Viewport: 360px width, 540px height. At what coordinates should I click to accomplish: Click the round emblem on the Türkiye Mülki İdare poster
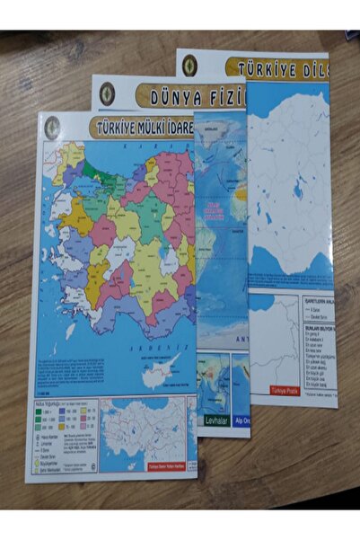pos(53,128)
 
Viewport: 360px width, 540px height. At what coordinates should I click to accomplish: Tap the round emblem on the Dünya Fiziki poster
pos(107,93)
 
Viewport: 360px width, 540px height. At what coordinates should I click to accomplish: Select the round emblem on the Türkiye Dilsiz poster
pos(189,65)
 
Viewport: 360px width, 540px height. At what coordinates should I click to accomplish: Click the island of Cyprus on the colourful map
pos(159,366)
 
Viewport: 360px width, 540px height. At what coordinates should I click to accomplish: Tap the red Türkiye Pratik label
pos(285,391)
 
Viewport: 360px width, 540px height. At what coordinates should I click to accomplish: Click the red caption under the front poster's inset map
pos(165,465)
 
